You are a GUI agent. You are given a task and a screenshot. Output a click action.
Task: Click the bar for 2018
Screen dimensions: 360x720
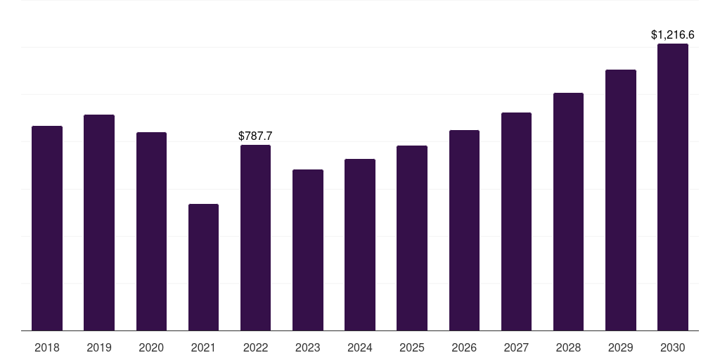click(x=47, y=229)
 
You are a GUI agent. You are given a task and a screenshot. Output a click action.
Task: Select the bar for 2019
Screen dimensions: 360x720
click(x=99, y=223)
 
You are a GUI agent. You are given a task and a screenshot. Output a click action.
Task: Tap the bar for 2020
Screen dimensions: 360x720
click(x=151, y=231)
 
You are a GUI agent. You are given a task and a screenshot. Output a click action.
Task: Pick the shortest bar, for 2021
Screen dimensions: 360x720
click(x=203, y=267)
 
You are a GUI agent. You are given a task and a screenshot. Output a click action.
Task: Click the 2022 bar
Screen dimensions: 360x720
click(x=255, y=238)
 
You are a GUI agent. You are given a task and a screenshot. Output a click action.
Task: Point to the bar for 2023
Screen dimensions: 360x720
click(x=308, y=250)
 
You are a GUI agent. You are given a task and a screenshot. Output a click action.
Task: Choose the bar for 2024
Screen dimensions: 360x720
click(x=360, y=245)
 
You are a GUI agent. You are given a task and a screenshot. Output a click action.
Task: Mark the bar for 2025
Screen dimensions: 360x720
click(x=412, y=238)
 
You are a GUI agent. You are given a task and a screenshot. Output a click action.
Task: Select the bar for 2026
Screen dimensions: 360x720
click(x=464, y=231)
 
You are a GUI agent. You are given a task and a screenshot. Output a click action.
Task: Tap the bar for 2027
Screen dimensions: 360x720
click(x=516, y=221)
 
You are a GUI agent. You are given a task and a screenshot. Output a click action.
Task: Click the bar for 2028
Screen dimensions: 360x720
click(x=568, y=212)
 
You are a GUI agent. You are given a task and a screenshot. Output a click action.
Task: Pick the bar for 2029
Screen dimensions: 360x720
click(x=621, y=200)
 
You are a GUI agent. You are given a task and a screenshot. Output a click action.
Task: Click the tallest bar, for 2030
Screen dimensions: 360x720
click(x=673, y=187)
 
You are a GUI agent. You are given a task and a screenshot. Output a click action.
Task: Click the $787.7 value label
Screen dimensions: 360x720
click(x=255, y=136)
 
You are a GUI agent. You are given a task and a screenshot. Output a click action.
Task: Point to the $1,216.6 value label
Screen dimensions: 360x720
click(x=673, y=34)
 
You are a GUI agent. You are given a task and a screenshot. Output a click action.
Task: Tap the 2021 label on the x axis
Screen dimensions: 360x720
click(x=203, y=347)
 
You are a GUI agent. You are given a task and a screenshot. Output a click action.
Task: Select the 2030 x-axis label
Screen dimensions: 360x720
click(x=673, y=347)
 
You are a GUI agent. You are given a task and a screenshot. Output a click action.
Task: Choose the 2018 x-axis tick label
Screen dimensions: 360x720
click(x=47, y=347)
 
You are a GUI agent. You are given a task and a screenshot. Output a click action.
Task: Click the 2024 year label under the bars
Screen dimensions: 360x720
click(x=360, y=347)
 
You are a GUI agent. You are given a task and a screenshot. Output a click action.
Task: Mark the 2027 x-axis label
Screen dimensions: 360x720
click(x=516, y=347)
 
